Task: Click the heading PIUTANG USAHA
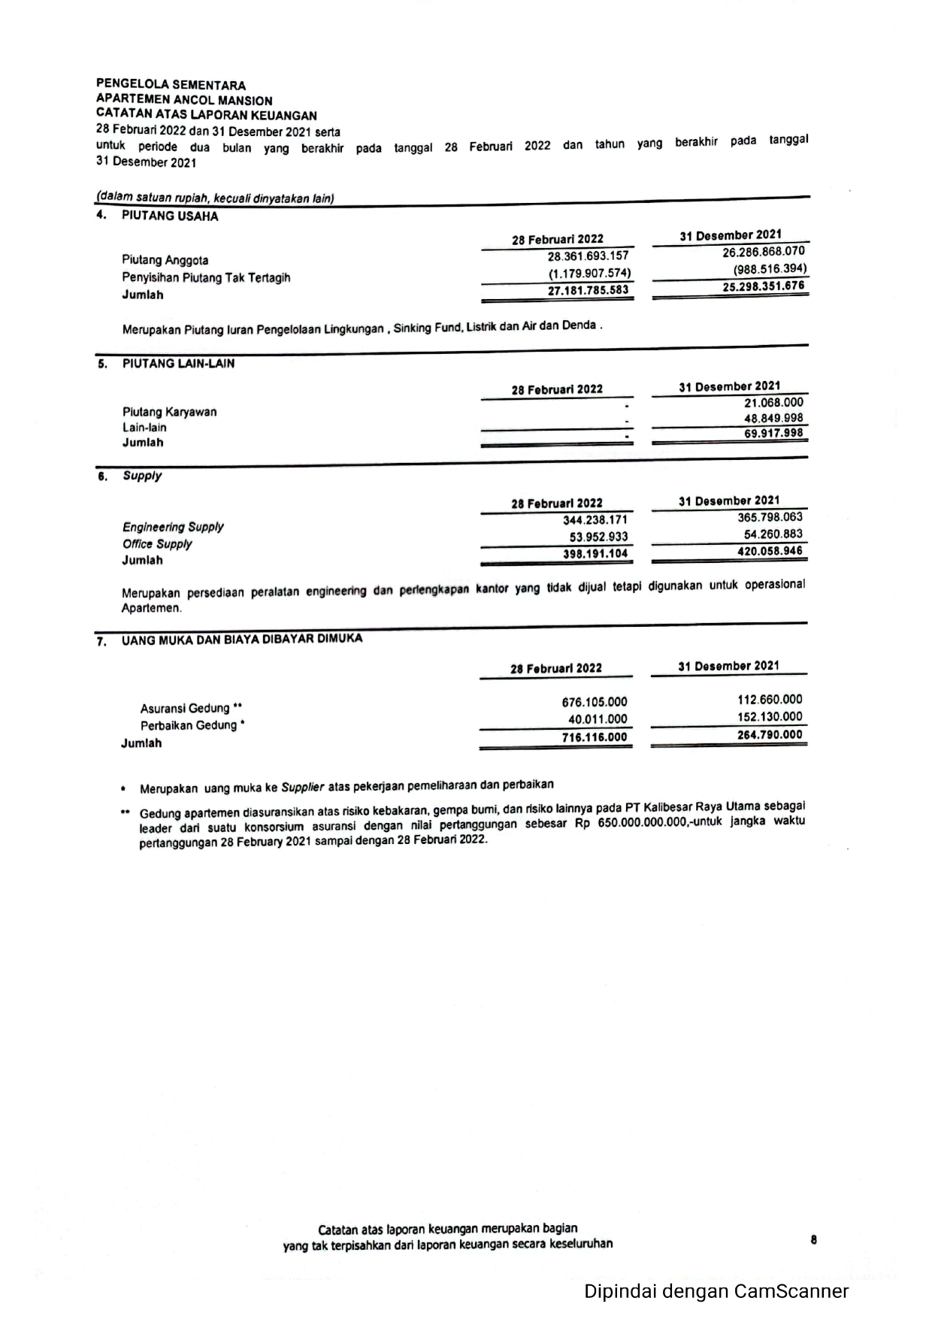pos(170,216)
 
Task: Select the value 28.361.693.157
pos(588,256)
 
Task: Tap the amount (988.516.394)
pos(770,269)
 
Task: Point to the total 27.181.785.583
pos(588,291)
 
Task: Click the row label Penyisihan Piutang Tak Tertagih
pos(206,277)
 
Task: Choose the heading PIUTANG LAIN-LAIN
pos(178,364)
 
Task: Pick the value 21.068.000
pos(773,403)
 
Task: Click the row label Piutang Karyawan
pos(169,412)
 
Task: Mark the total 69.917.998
pos(773,434)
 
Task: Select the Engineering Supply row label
pos(173,527)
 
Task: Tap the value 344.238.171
pos(595,520)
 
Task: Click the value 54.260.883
pos(773,534)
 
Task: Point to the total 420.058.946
pos(770,551)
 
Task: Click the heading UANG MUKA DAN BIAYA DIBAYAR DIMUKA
pos(242,639)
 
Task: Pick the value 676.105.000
pos(594,703)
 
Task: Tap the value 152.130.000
pos(770,717)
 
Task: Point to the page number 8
pos(814,1240)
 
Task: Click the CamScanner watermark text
pos(716,1291)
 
